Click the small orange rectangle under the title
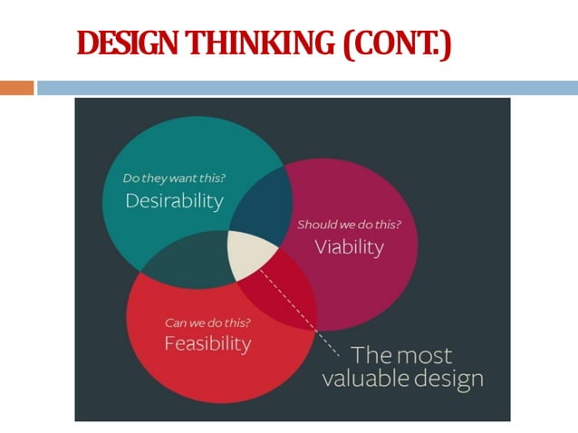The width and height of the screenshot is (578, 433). tap(16, 88)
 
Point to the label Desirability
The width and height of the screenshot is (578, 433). tap(174, 200)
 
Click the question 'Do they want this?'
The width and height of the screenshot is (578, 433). tap(171, 178)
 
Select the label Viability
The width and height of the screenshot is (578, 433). tap(350, 246)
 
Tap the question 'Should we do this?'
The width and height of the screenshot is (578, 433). tap(349, 224)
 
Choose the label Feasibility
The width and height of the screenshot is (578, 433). tap(207, 343)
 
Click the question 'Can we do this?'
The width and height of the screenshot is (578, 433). tap(207, 322)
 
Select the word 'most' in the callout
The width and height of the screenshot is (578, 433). tap(425, 354)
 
